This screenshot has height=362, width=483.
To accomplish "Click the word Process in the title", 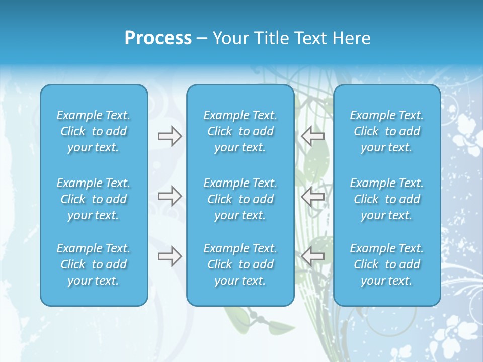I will (158, 38).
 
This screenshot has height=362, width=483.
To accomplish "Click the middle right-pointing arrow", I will (170, 196).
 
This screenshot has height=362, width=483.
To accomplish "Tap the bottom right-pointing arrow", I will (170, 256).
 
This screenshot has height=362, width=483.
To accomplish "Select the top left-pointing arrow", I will (313, 136).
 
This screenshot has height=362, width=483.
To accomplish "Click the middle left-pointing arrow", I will (313, 196).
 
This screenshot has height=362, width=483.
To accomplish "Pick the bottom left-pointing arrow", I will (313, 256).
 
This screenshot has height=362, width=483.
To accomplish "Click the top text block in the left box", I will (94, 131).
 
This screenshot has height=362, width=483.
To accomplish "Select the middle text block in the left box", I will (94, 199).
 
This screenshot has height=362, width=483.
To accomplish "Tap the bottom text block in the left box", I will (94, 264).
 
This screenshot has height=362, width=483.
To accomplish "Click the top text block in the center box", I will (240, 131).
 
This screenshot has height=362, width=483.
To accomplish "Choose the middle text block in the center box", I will (240, 199).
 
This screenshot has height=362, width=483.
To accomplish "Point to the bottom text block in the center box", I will (240, 264).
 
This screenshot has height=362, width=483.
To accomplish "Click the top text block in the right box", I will (387, 131).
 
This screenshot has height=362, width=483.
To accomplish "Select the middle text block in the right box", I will (387, 199).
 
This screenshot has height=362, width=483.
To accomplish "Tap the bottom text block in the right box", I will (387, 264).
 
